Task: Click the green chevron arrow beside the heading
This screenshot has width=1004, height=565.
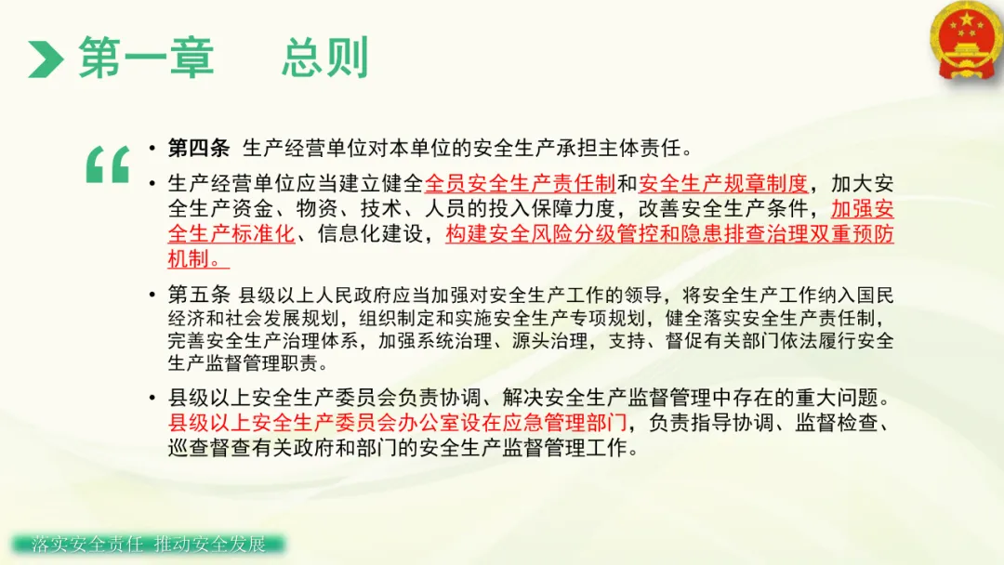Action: [46, 59]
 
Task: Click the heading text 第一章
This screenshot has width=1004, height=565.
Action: [146, 58]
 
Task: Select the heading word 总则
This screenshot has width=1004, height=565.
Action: [324, 58]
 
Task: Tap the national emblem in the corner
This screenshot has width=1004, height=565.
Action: [967, 41]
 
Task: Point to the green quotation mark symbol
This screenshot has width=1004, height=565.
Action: [108, 165]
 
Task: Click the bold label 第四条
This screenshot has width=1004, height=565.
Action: [199, 149]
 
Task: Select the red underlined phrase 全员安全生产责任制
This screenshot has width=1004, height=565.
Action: [520, 184]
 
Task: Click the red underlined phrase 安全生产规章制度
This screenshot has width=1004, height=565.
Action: [723, 184]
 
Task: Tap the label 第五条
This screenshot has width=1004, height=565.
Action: [199, 295]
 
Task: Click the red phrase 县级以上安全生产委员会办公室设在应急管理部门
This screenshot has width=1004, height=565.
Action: [398, 423]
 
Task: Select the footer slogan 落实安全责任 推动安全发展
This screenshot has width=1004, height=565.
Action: [148, 544]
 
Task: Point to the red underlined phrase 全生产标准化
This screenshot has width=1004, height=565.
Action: [231, 234]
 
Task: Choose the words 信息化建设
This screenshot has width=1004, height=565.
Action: [371, 234]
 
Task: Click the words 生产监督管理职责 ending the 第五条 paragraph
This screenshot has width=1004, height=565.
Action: [243, 363]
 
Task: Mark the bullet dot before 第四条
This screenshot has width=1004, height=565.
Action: [152, 149]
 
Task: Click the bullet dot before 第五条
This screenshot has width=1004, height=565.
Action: [152, 295]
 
